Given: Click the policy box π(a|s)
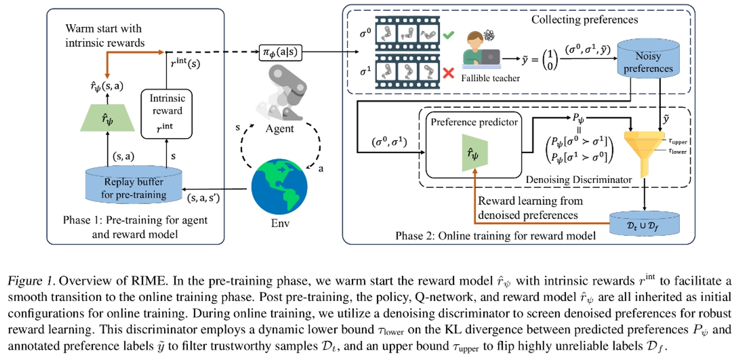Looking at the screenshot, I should coord(280,52).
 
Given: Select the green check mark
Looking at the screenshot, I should coord(448,36).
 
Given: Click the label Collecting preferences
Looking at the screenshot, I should coord(585,20).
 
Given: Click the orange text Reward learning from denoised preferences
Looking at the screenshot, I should coord(530,208).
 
